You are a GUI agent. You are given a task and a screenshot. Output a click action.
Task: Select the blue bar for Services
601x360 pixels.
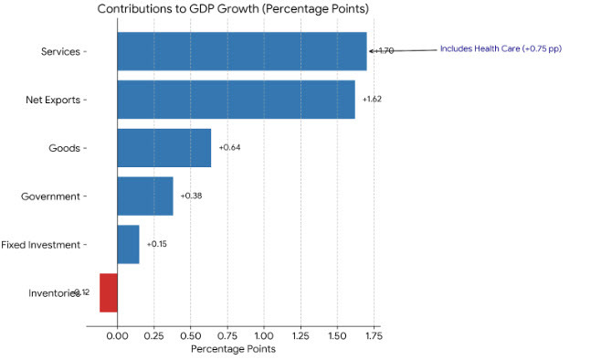coord(241,51)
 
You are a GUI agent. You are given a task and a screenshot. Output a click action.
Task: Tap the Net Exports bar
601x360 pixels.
coord(236,100)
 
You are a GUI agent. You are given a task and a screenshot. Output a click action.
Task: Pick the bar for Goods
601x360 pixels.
coord(163,148)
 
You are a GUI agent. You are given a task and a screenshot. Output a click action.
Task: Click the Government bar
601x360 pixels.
coord(144,196)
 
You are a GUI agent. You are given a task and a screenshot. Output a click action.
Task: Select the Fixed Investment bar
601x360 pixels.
coord(128,245)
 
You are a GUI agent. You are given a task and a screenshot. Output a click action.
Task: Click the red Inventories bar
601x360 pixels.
coord(108,292)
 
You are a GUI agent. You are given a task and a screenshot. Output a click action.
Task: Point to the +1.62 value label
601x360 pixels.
coord(372,99)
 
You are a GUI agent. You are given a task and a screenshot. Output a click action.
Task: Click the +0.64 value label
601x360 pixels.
coord(228,148)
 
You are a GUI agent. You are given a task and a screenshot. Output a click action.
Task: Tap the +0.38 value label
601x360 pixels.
coord(191,196)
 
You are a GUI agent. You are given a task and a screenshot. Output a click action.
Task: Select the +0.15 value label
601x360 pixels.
coord(156,245)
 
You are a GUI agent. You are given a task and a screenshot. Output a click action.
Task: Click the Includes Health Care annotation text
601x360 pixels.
coord(500,48)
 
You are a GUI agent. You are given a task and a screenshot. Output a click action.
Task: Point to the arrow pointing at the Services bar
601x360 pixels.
coord(402,50)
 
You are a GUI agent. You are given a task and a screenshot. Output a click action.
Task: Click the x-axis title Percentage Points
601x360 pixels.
coord(233,348)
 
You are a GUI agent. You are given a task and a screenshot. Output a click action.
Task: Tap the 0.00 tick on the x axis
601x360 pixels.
coord(117,335)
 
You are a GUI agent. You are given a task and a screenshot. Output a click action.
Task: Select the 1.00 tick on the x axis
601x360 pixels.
coord(264,335)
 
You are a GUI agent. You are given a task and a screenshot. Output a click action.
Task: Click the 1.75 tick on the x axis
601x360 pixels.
coord(374,335)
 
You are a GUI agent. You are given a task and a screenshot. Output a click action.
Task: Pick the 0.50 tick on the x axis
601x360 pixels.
coord(190,335)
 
